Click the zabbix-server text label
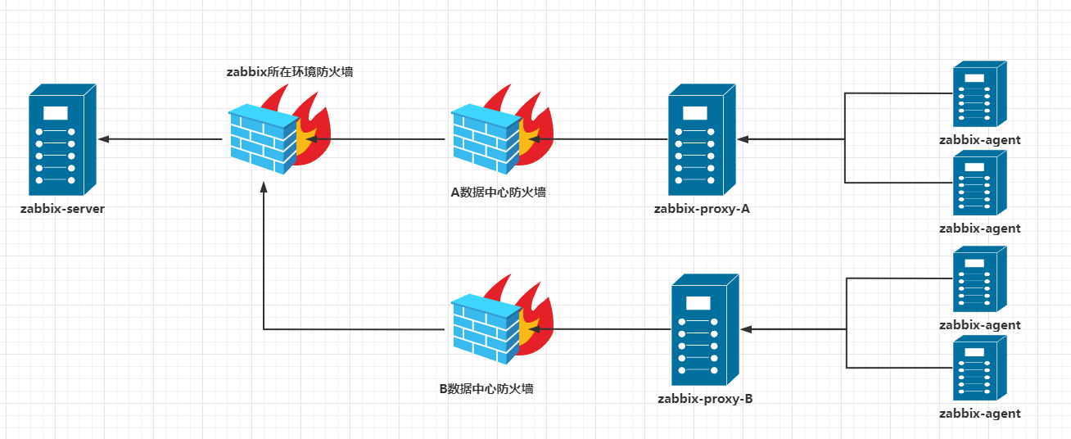tap(63, 209)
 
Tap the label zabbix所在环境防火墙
tap(290, 72)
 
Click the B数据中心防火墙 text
tap(486, 388)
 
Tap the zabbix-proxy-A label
tap(702, 209)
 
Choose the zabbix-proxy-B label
tap(705, 400)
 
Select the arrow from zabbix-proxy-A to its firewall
tap(598, 139)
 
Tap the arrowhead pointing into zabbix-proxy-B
tap(746, 328)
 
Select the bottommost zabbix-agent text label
tap(979, 414)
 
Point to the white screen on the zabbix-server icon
tap(55, 113)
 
